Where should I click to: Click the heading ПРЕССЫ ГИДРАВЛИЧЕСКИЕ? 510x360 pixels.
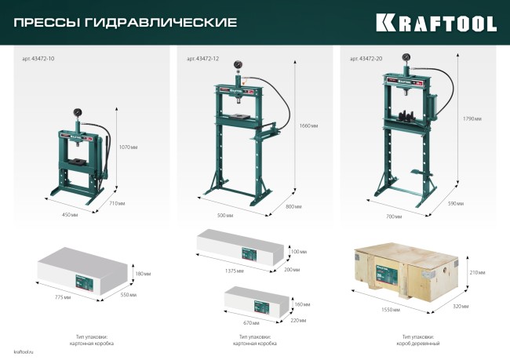126,22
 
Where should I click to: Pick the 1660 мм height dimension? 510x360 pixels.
309,125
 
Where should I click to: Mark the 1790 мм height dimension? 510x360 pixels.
472,118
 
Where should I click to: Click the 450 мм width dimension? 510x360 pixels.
70,213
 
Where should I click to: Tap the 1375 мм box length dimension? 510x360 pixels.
235,271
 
